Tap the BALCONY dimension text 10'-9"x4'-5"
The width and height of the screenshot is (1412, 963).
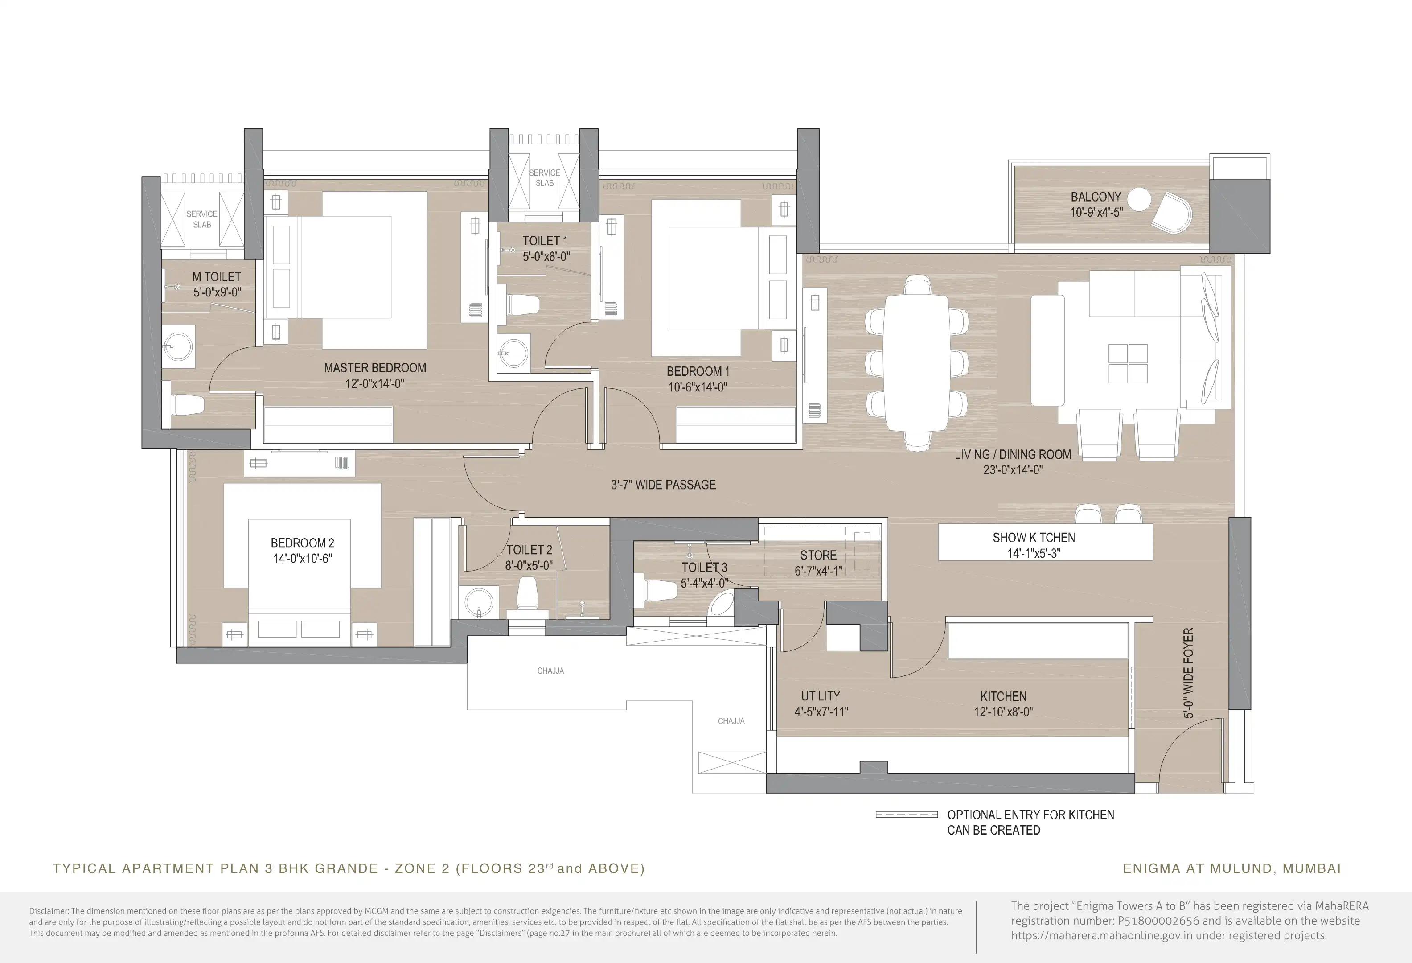point(1096,213)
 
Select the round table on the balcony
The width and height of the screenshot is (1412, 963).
point(1139,199)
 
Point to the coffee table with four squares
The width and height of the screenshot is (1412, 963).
point(1128,363)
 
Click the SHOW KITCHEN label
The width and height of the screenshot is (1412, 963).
point(1034,538)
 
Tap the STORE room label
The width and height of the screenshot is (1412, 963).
point(818,556)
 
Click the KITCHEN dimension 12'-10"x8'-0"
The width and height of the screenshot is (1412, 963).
point(1003,712)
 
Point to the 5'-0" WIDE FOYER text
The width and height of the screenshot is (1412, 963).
point(1188,673)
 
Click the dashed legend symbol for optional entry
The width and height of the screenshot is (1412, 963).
point(907,815)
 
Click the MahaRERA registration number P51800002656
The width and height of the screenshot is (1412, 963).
point(1159,921)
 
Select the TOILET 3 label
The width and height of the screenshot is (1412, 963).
point(704,568)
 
